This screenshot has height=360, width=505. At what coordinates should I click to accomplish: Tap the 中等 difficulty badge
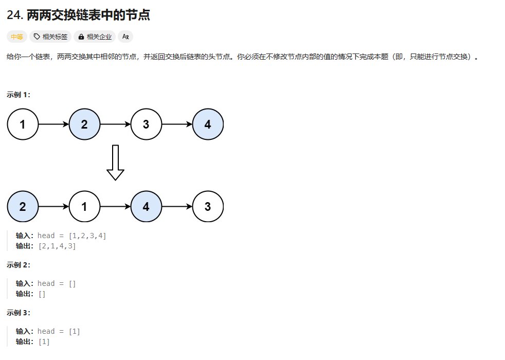(16, 37)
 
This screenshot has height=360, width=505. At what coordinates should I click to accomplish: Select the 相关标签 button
(50, 37)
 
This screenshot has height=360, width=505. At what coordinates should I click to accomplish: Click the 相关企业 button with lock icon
(95, 37)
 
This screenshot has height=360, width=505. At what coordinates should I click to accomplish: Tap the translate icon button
(125, 37)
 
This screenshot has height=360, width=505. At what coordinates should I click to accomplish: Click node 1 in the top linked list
(23, 124)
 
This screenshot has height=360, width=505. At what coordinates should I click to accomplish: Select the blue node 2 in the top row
(84, 124)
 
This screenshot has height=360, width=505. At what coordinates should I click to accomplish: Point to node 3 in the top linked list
(146, 124)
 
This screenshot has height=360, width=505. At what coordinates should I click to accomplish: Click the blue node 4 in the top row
(208, 124)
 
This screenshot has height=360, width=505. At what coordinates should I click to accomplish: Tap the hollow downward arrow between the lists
(115, 163)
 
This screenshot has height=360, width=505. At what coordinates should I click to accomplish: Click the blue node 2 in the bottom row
(23, 207)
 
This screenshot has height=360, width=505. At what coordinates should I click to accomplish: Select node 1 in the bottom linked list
(84, 207)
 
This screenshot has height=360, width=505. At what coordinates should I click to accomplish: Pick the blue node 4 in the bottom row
(146, 207)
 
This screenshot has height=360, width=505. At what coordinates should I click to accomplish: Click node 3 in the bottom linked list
(208, 207)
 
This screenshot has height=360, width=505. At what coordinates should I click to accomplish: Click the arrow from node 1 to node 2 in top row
(53, 124)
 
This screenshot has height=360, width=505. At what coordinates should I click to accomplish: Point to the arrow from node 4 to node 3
(177, 207)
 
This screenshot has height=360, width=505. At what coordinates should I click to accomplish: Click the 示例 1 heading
(19, 95)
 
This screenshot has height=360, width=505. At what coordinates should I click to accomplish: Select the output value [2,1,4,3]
(57, 246)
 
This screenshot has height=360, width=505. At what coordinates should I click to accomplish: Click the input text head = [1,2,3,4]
(72, 236)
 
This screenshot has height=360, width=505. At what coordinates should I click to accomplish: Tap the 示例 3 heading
(19, 313)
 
